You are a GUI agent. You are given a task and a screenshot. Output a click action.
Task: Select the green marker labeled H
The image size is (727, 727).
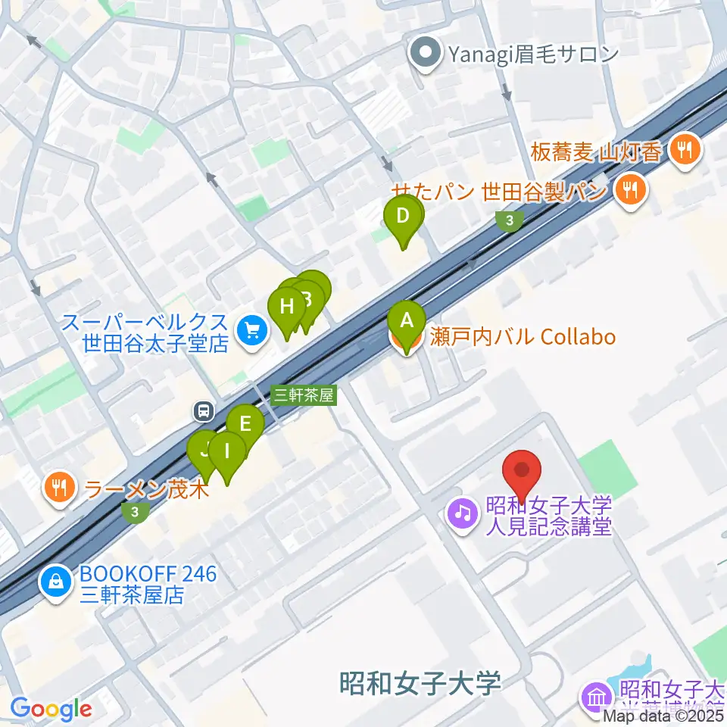[286, 308]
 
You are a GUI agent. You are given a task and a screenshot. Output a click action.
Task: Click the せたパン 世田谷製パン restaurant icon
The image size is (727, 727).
[629, 189]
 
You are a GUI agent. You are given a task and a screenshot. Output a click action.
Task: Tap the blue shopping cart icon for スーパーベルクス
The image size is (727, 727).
[251, 330]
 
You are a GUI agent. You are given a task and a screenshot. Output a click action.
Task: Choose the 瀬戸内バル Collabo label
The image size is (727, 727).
[523, 337]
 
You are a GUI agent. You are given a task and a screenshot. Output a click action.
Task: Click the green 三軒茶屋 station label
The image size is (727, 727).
[303, 395]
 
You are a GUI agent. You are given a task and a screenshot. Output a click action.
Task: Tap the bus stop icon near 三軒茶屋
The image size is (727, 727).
[203, 411]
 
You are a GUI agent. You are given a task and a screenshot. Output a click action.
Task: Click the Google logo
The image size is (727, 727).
[51, 709]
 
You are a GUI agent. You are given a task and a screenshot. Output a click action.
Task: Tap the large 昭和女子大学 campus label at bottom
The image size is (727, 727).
[420, 683]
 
